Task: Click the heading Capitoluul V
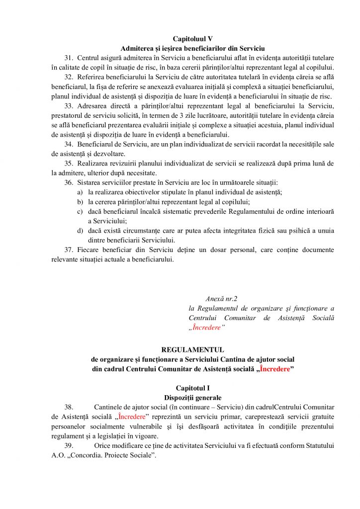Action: tap(193, 39)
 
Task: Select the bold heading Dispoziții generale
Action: tap(192, 398)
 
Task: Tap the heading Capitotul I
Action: tap(193, 388)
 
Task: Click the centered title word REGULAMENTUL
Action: tap(193, 349)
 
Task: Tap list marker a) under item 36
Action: tap(80, 192)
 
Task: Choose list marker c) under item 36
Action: tap(80, 211)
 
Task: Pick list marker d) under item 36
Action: tap(80, 231)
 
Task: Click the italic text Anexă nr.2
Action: tap(222, 299)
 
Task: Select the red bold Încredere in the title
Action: tap(274, 369)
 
